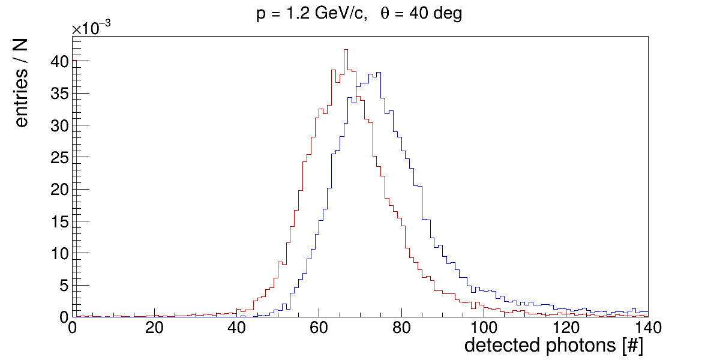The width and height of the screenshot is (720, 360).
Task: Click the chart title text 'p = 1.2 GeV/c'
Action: [x=310, y=14]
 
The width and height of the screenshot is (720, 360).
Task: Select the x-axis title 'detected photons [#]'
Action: [x=553, y=346]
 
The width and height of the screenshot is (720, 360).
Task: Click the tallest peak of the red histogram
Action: [x=346, y=50]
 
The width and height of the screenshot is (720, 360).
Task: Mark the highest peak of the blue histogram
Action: [x=379, y=73]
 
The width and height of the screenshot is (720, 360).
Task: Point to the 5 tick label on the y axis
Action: [x=62, y=285]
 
